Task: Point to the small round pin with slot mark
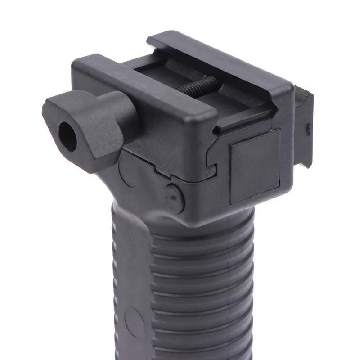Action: pos(174,197)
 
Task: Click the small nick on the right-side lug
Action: pos(308,130)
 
